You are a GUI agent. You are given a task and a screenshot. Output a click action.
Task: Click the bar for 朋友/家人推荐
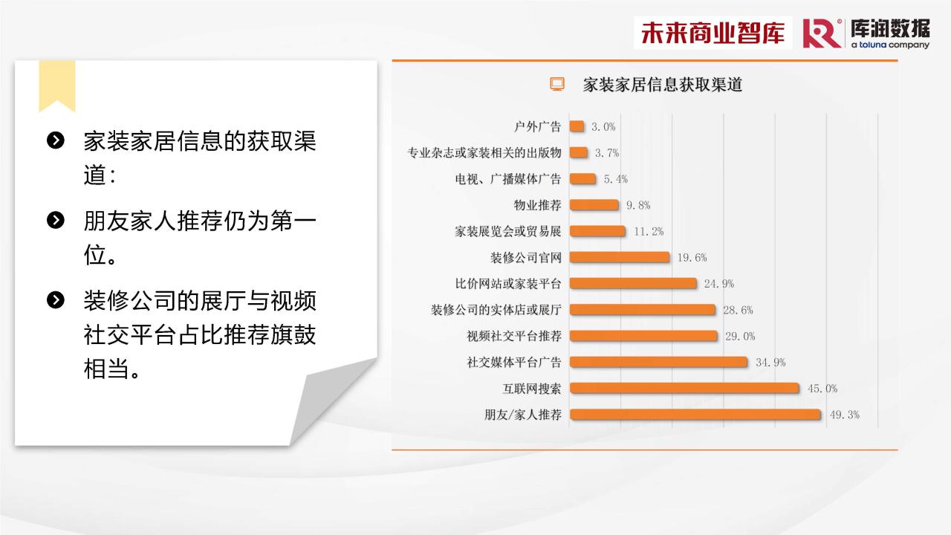point(695,415)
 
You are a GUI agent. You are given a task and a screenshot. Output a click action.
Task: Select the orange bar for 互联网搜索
point(684,388)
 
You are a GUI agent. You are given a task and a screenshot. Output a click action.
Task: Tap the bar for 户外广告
point(577,126)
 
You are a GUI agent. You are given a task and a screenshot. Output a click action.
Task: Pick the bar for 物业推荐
point(594,204)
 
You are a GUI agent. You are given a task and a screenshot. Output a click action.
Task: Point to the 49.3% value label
point(845,415)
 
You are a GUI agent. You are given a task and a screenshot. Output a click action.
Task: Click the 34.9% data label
point(770,362)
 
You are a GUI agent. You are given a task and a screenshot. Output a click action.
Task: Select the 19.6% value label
point(692,257)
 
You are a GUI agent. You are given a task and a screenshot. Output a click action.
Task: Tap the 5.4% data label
point(616,179)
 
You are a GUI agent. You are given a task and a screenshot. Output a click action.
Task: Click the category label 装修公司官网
point(526,257)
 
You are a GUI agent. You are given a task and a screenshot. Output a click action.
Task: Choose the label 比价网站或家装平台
point(508,284)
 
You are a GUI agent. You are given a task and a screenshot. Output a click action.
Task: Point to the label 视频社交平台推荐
point(514,336)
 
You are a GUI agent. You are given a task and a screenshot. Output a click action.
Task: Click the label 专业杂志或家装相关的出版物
point(484,152)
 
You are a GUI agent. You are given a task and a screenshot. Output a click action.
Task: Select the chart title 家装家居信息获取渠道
point(662,85)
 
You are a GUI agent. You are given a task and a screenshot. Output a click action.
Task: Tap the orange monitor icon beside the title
point(557,84)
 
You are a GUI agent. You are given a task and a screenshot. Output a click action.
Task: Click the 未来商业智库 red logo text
point(713,33)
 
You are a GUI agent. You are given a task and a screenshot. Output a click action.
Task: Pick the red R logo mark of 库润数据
point(822,33)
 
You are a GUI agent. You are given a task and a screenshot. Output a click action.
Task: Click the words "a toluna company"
point(890,45)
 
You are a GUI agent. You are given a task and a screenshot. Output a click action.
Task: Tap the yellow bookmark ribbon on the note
point(57,86)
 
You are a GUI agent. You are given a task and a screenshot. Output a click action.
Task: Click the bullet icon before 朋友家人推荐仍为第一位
point(56,220)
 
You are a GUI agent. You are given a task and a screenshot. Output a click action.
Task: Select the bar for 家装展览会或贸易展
point(597,231)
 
